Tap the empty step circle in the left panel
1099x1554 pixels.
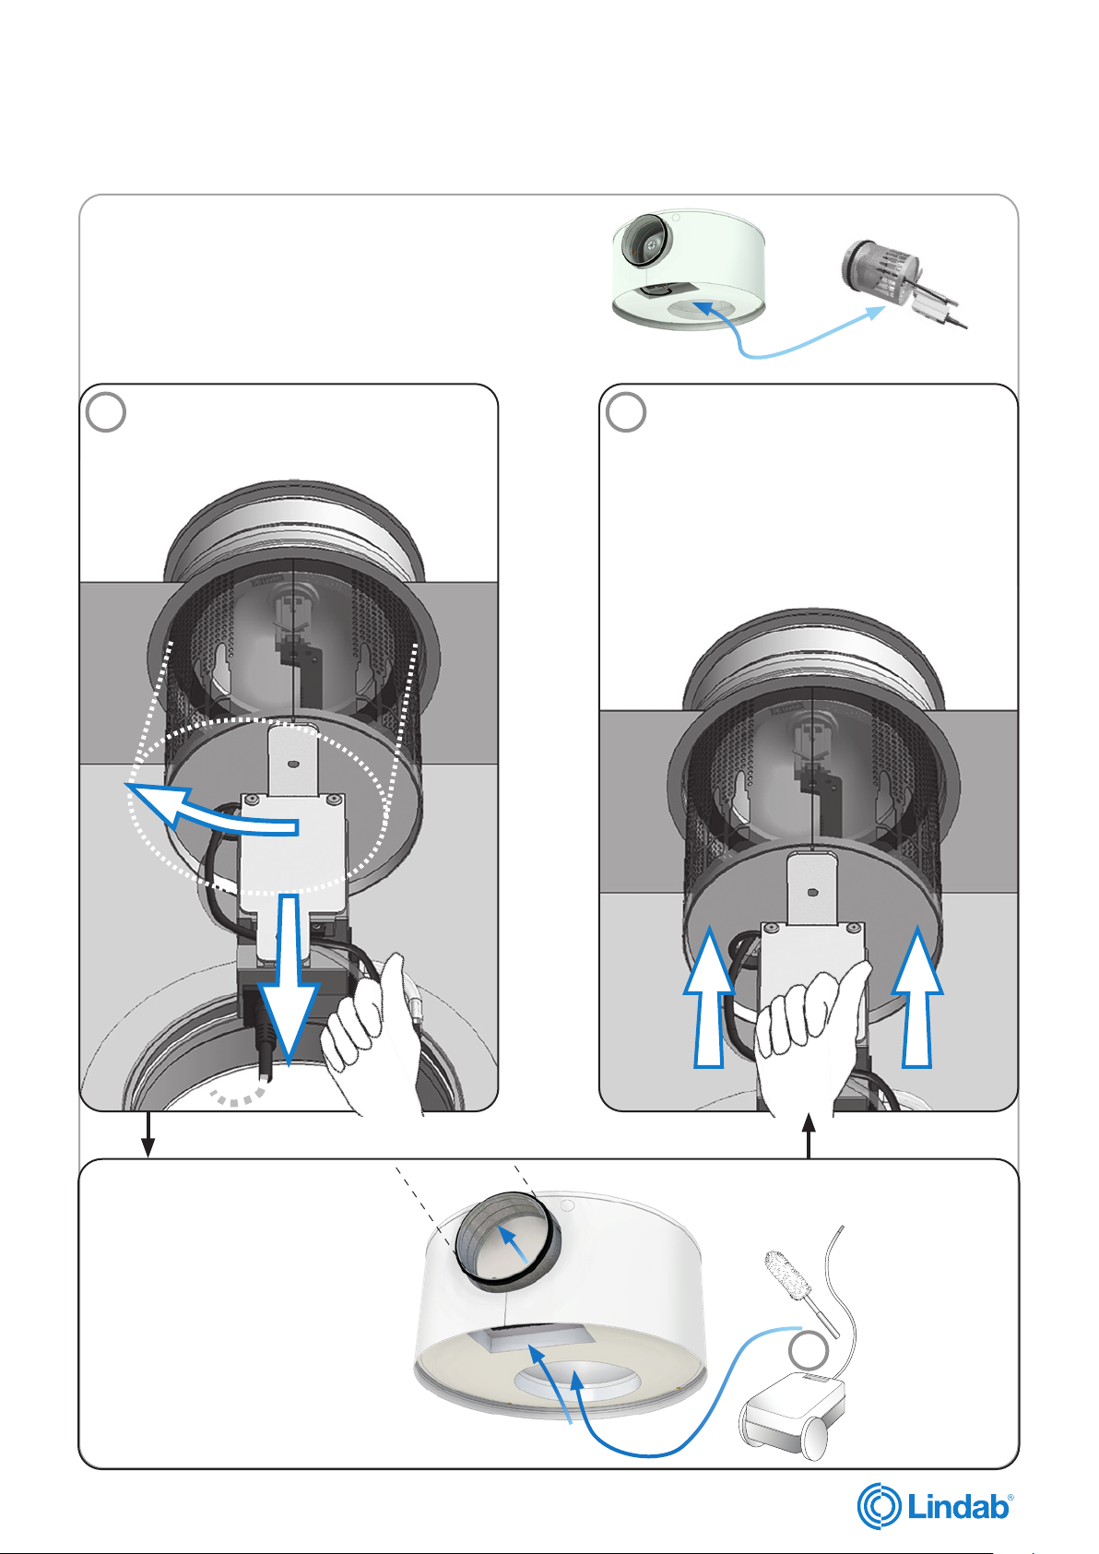(105, 412)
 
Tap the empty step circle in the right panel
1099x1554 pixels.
(625, 412)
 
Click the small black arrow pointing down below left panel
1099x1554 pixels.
(147, 1135)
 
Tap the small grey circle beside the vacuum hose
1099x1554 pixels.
(809, 1348)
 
